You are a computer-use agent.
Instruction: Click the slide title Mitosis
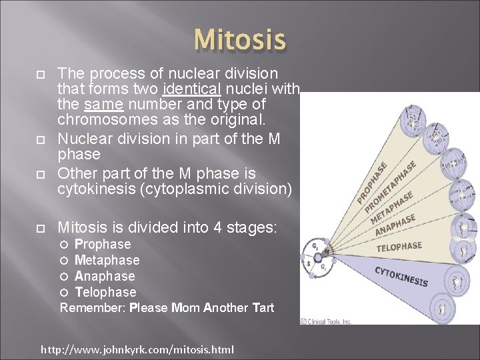pyautogui.click(x=240, y=40)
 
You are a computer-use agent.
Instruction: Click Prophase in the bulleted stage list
pyautogui.click(x=103, y=244)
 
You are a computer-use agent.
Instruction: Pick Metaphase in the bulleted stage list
pyautogui.click(x=107, y=260)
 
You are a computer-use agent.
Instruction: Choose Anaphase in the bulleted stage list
pyautogui.click(x=105, y=276)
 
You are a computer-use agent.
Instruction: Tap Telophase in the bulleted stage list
pyautogui.click(x=105, y=292)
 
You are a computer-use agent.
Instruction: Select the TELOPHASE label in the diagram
pyautogui.click(x=399, y=247)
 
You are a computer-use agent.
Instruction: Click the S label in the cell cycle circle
pyautogui.click(x=309, y=264)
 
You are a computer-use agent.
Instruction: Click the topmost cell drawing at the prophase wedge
pyautogui.click(x=414, y=119)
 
